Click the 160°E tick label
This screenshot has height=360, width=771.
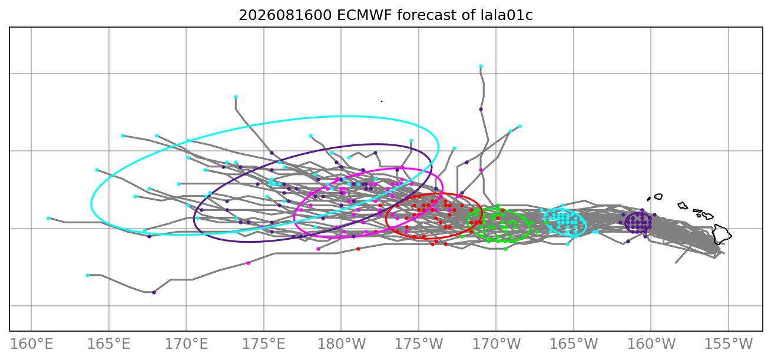31,344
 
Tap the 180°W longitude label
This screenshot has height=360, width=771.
341,344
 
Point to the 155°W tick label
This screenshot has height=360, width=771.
729,344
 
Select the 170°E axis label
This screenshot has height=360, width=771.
186,344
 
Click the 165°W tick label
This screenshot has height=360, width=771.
574,344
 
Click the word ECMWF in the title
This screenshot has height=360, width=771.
364,15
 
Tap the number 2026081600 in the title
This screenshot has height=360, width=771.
285,15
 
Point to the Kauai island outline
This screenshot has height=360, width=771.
658,197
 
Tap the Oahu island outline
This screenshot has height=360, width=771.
683,206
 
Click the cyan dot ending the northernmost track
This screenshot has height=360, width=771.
481,67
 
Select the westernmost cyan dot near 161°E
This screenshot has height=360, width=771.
48,218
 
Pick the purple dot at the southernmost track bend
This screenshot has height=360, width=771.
154,293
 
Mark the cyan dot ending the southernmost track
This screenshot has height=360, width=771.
87,275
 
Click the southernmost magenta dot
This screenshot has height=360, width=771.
248,263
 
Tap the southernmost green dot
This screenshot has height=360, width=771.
505,249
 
